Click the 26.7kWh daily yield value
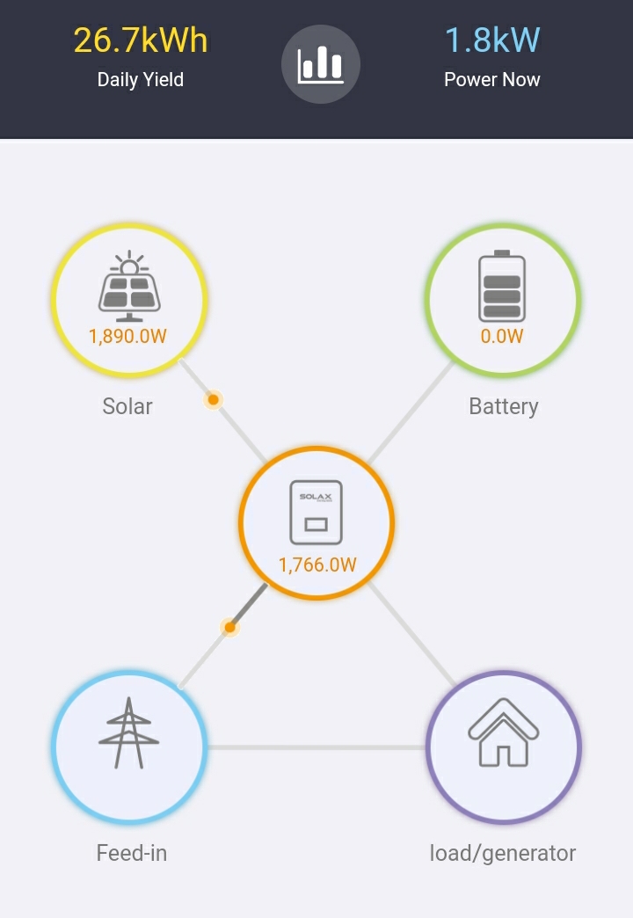(141, 40)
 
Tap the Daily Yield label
(141, 79)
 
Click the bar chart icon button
(320, 64)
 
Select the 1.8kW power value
(491, 40)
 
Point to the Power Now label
(491, 79)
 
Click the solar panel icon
(129, 287)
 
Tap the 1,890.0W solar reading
(127, 336)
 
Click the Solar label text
(127, 405)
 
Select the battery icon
(502, 286)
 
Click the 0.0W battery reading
(502, 336)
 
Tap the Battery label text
(504, 406)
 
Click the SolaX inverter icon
(316, 513)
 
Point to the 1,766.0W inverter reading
(317, 565)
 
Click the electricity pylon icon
(129, 732)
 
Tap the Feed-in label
(132, 853)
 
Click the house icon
(504, 732)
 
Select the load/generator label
(503, 854)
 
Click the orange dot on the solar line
(213, 400)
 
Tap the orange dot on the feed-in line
(230, 628)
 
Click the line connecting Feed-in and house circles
(316, 747)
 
